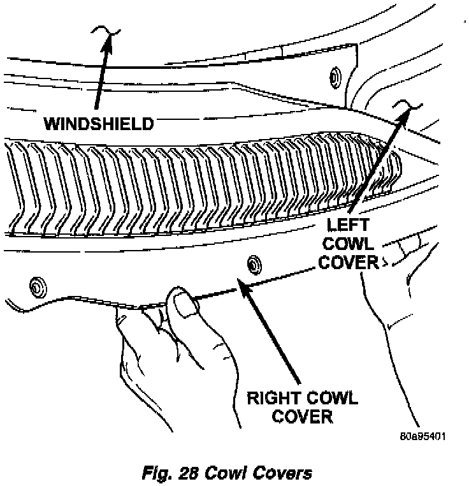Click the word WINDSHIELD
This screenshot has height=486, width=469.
[99, 123]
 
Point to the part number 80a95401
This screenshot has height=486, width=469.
[422, 437]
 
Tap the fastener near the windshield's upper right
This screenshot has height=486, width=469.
[333, 77]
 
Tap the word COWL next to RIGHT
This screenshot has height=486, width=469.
[333, 400]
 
